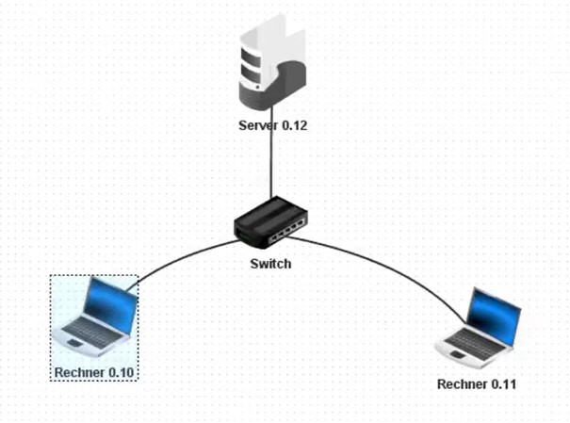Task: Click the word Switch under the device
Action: (270, 264)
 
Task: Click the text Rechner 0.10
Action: (95, 374)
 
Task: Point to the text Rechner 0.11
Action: (478, 384)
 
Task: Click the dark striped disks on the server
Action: (252, 64)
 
